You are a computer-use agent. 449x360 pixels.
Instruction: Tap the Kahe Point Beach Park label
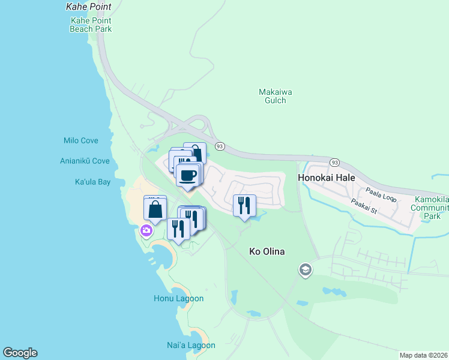pos(91,24)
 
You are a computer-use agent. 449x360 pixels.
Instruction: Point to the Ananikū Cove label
pos(85,161)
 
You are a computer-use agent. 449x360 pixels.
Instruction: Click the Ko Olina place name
pos(267,251)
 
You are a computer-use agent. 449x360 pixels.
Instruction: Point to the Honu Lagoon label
pos(179,298)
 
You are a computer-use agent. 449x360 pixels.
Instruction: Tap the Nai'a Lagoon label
pos(185,345)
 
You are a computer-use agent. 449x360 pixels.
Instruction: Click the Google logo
pos(20,353)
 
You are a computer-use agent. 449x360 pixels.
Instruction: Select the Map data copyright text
pos(423,355)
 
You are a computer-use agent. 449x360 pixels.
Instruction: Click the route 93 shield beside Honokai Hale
pos(334,163)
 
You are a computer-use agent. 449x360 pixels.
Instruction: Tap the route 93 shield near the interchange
pos(220,146)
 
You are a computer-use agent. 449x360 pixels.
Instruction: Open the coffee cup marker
pos(188,175)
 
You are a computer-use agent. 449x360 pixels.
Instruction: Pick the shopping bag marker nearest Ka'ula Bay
pos(155,209)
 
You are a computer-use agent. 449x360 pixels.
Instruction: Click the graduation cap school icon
pos(305,270)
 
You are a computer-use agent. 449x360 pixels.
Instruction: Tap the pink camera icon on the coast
pos(146,230)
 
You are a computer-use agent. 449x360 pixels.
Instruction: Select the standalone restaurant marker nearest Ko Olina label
pos(244,205)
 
